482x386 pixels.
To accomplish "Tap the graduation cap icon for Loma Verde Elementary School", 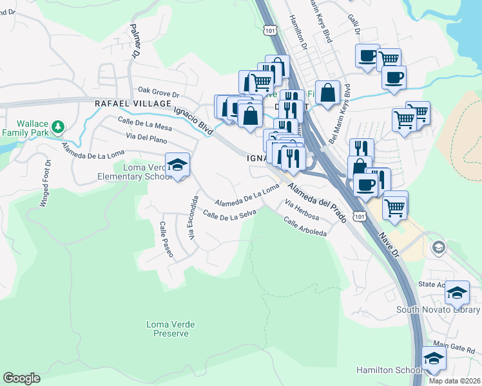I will pyautogui.click(x=177, y=165).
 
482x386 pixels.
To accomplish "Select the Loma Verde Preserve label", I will pyautogui.click(x=170, y=329).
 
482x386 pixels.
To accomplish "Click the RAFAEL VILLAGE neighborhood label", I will pyautogui.click(x=132, y=103).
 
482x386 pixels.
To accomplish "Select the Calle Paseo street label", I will pyautogui.click(x=166, y=239).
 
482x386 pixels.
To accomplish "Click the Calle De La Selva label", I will pyautogui.click(x=229, y=214).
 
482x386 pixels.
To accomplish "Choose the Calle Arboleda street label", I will pyautogui.click(x=305, y=226).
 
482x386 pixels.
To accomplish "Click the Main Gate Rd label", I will pyautogui.click(x=454, y=349).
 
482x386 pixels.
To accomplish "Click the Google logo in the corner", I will pyautogui.click(x=21, y=378).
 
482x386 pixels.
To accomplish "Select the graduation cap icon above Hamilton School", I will pyautogui.click(x=434, y=358).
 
